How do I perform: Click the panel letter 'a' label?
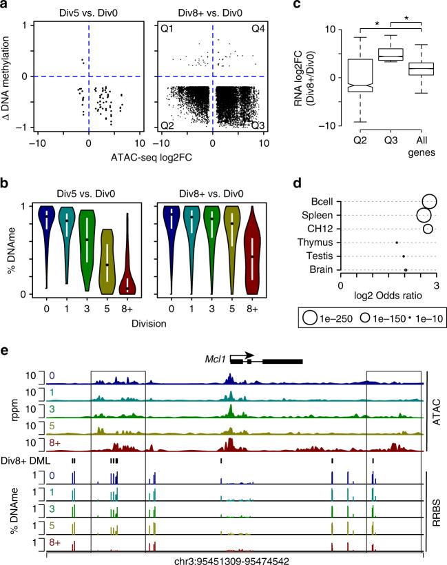tap(6, 6)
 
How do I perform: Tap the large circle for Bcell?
tap(429, 201)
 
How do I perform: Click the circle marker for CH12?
tap(427, 228)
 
